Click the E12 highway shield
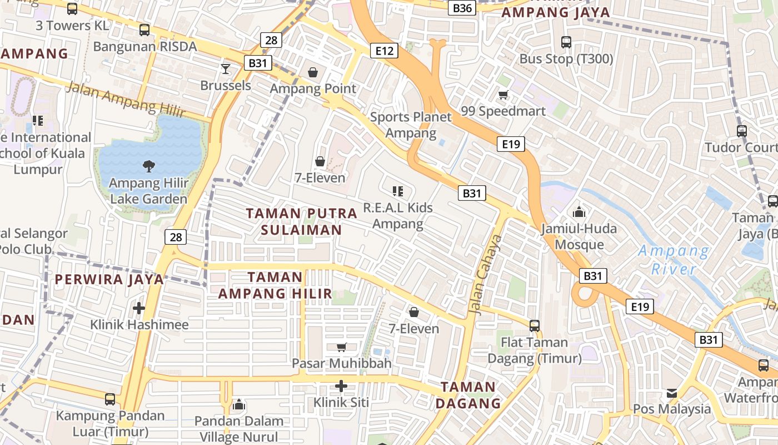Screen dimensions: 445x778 pos(384,51)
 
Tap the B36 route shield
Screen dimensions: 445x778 pos(462,8)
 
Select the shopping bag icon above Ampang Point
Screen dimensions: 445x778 pos(313,72)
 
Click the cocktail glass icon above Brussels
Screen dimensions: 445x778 pos(226,69)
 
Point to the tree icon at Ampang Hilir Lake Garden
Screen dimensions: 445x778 pos(148,165)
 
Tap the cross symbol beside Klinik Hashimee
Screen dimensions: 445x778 pos(139,308)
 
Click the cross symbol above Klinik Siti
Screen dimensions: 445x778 pos(341,385)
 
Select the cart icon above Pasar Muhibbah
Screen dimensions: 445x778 pos(341,347)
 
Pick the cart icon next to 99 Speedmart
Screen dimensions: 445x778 pos(503,95)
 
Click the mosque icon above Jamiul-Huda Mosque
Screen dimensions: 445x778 pos(578,212)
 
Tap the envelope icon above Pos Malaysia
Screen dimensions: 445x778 pos(672,394)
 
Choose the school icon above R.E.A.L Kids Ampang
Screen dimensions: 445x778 pos(397,192)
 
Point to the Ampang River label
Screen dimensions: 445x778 pos(674,260)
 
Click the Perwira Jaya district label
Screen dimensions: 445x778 pos(109,279)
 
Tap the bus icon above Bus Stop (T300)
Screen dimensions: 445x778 pos(566,42)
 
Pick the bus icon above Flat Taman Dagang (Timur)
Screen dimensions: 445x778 pos(535,326)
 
